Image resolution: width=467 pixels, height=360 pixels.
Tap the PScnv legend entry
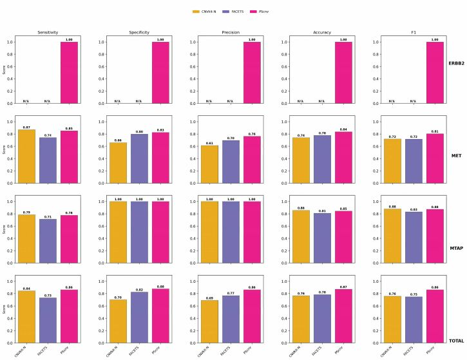[x=264, y=11]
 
